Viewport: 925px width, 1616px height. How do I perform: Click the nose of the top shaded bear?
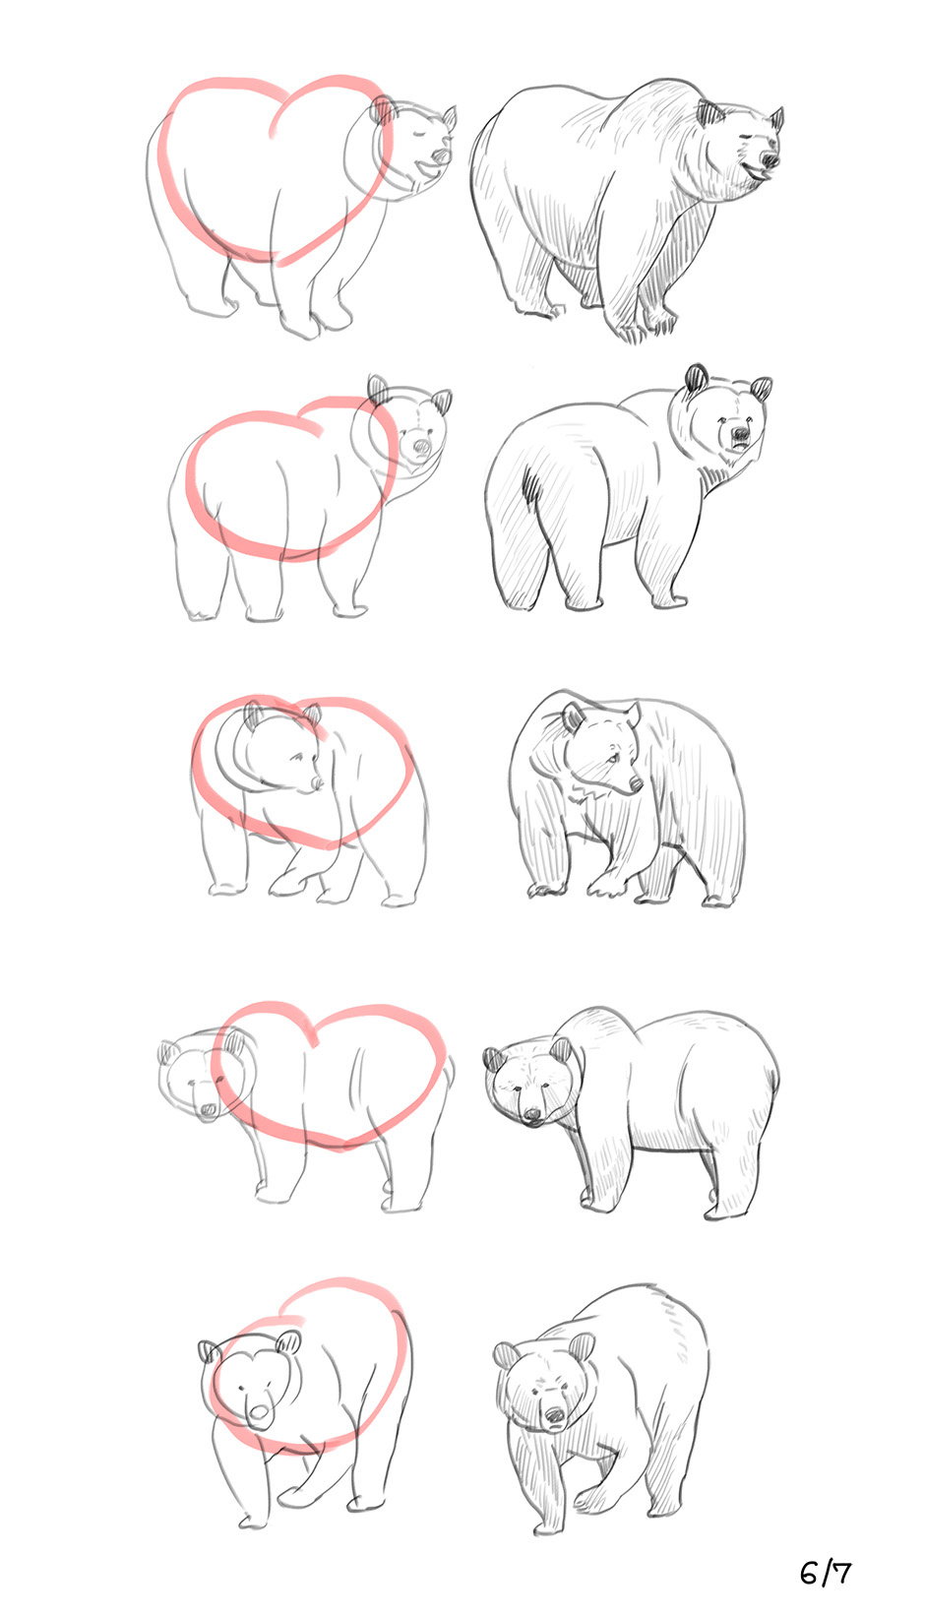(x=770, y=160)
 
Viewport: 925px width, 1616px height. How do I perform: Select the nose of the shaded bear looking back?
(x=741, y=434)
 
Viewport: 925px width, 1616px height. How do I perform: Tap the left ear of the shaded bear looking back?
(x=697, y=377)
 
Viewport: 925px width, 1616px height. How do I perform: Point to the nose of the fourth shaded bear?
(x=531, y=1115)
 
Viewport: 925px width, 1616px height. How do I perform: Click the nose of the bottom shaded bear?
(x=554, y=1416)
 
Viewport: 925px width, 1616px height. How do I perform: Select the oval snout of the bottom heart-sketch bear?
(x=259, y=1411)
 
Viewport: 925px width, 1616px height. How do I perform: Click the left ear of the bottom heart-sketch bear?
(x=209, y=1351)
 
